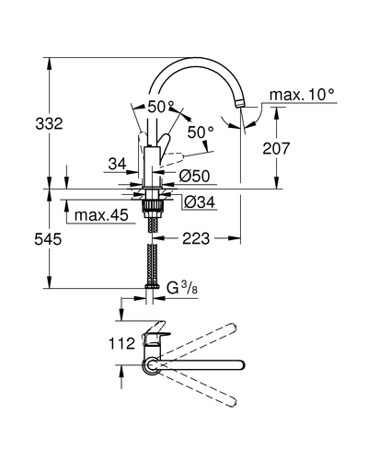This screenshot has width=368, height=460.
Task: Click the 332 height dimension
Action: pyautogui.click(x=49, y=124)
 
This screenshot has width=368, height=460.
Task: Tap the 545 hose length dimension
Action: pyautogui.click(x=48, y=239)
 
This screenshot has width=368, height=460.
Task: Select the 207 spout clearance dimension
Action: pyautogui.click(x=276, y=148)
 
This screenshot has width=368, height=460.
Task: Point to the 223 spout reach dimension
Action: pyautogui.click(x=196, y=238)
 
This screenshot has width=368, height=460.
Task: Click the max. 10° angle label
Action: pyautogui.click(x=302, y=95)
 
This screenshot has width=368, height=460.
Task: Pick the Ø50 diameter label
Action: pyautogui.click(x=194, y=177)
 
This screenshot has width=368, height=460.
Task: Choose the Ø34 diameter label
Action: pyautogui.click(x=200, y=202)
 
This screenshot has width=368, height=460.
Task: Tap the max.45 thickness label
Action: pyautogui.click(x=101, y=215)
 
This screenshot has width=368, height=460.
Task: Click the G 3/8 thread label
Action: pyautogui.click(x=182, y=288)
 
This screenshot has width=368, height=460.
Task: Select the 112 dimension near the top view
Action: pyautogui.click(x=121, y=343)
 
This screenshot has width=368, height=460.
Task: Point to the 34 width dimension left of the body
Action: pyautogui.click(x=117, y=165)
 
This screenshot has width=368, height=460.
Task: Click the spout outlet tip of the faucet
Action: pyautogui.click(x=239, y=105)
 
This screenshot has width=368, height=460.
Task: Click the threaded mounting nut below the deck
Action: pyautogui.click(x=152, y=205)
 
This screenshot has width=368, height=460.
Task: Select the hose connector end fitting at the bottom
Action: pyautogui.click(x=152, y=286)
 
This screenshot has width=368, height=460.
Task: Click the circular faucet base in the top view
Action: pyautogui.click(x=151, y=365)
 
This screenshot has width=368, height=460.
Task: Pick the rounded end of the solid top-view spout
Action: pyautogui.click(x=240, y=365)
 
